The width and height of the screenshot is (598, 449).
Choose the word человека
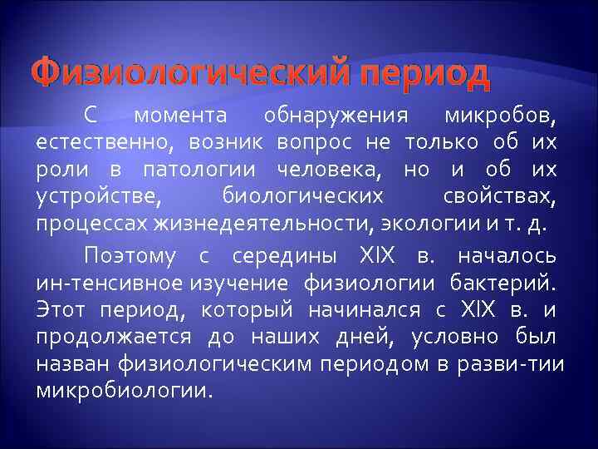pyautogui.click(x=326, y=170)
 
